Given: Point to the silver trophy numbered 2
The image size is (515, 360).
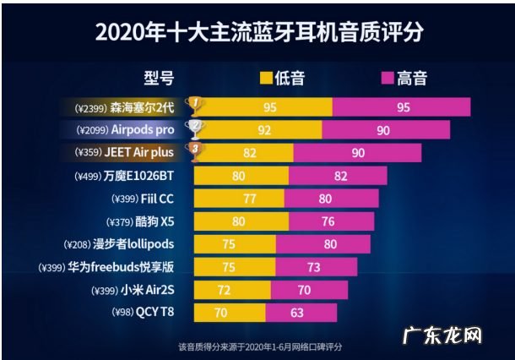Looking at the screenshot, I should point(195,129).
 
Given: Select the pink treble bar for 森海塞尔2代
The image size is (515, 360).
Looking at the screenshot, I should point(401,107).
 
